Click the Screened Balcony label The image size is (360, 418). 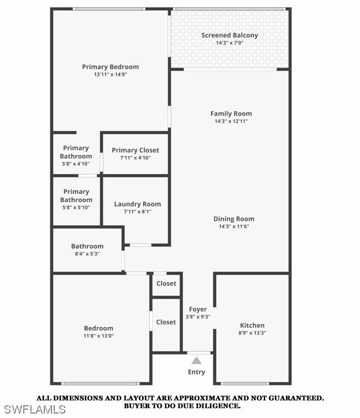229,35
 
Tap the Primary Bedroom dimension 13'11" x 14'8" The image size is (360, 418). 111,74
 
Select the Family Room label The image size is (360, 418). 231,113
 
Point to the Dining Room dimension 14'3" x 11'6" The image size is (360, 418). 234,226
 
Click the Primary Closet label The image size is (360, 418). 135,150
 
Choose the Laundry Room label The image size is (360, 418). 138,204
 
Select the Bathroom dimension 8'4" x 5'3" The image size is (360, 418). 87,254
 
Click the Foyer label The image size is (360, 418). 198,309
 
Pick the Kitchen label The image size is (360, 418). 252,325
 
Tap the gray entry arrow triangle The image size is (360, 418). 196,360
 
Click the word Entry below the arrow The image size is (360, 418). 196,372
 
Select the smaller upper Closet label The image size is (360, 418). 166,283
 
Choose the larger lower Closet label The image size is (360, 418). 166,322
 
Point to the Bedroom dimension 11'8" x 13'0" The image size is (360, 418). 98,336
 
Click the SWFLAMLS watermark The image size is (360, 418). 34,410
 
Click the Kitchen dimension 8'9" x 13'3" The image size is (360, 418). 252,333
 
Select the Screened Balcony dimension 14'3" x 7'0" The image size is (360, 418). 229,43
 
